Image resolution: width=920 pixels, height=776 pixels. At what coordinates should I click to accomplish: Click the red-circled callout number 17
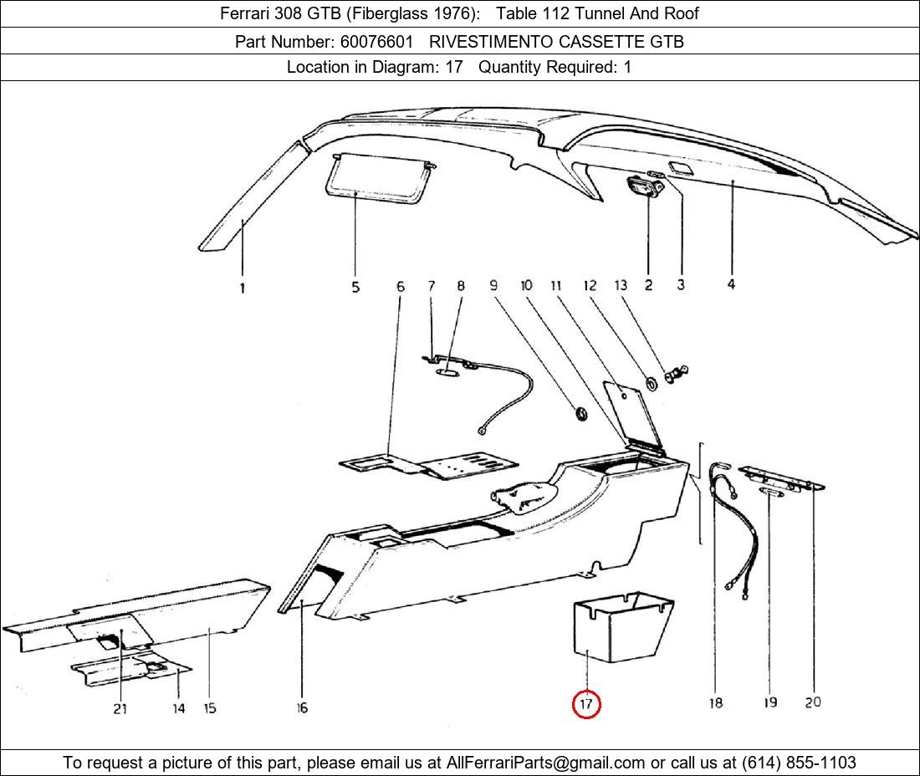585,704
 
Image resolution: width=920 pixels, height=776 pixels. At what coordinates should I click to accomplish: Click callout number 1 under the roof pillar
243,288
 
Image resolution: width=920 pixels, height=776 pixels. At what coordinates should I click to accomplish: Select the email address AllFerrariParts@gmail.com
546,763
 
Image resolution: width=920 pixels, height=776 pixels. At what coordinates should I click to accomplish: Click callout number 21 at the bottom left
120,708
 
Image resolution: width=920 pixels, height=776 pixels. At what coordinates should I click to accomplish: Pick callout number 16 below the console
302,708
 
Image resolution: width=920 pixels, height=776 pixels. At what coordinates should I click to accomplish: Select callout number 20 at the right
813,702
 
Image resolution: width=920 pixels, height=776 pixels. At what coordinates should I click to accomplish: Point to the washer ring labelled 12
649,385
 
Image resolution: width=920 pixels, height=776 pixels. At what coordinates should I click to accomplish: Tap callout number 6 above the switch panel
401,287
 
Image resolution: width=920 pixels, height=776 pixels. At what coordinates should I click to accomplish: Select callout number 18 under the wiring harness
716,703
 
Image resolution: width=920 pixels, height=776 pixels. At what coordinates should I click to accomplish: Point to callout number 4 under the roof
731,285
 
